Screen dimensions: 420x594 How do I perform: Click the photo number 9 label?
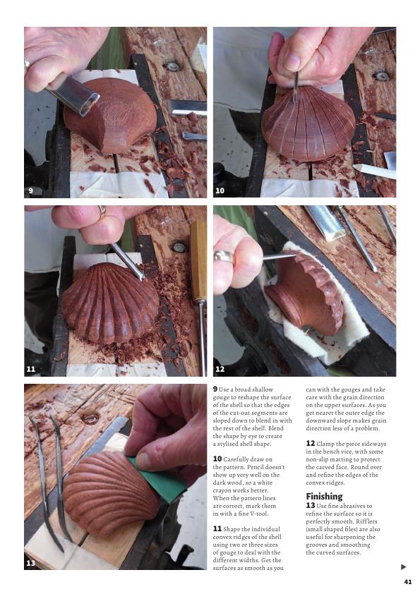coord(30,190)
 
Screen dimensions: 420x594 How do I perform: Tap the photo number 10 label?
coord(220,190)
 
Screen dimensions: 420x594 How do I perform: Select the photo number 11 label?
coord(30,369)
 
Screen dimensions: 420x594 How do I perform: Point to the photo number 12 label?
coord(220,369)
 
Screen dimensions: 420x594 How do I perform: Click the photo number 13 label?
coord(30,563)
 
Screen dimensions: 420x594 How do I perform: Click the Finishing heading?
coord(324,496)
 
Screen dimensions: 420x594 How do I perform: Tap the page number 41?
coord(408,581)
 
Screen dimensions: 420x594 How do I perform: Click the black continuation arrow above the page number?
coord(403,567)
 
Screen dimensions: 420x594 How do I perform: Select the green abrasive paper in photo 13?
coord(160,479)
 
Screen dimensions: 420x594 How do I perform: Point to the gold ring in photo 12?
coord(224,257)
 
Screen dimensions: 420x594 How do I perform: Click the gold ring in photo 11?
coord(102,210)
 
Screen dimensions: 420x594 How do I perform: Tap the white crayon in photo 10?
coord(374,171)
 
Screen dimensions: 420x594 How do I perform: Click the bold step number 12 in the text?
coord(311,443)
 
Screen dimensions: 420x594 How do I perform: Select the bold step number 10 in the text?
coord(217,459)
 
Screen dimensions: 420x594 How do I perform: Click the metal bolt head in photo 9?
coord(172,67)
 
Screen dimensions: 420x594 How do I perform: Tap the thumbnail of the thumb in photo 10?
coord(292,61)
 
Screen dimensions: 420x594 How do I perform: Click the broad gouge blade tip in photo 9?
coord(90,105)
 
